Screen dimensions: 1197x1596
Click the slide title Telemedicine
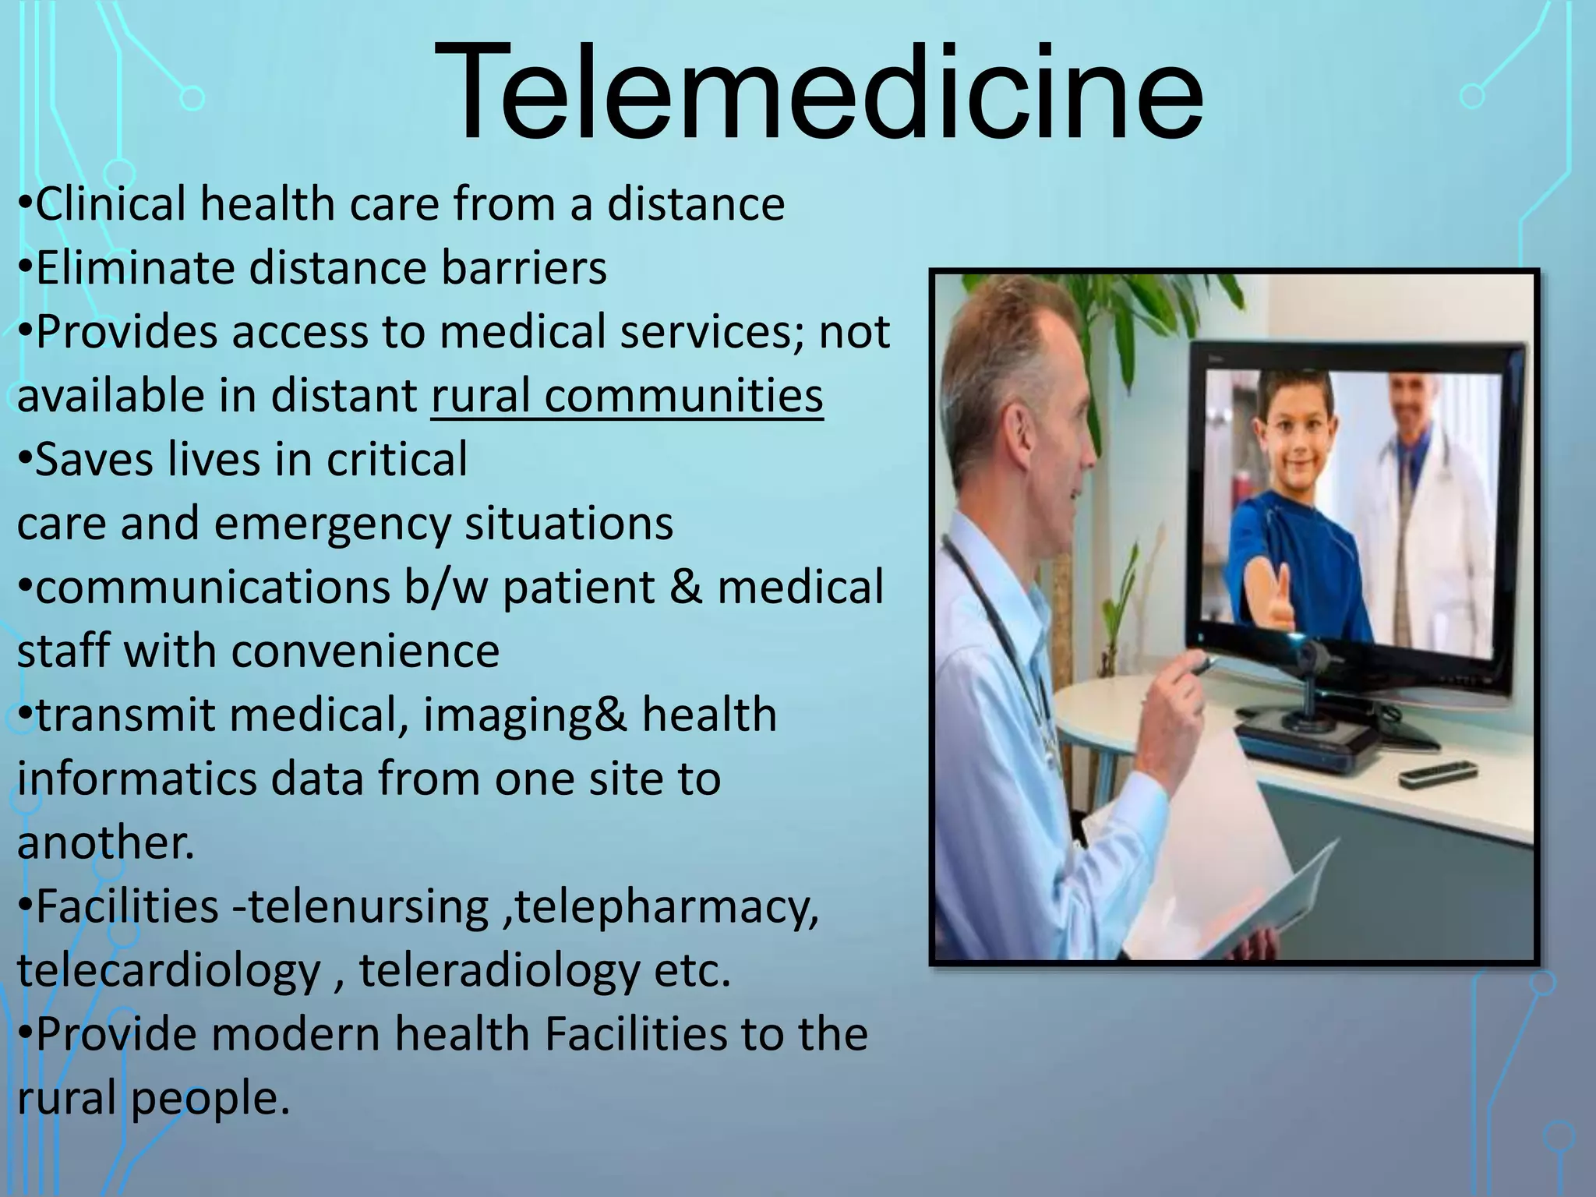point(817,92)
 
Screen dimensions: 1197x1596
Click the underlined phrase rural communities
point(627,395)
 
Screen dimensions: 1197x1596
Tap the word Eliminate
point(135,268)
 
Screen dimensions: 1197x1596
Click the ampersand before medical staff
point(685,588)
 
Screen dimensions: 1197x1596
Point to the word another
point(105,842)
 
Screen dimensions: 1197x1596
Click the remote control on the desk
point(1439,773)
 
